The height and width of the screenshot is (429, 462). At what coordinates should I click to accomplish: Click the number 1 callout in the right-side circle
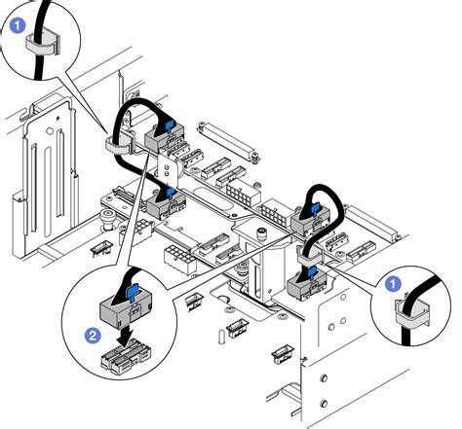[x=393, y=283]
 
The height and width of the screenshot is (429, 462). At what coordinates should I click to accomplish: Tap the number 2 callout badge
[x=94, y=333]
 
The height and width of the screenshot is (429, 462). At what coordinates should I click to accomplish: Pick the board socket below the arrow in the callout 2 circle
[x=123, y=363]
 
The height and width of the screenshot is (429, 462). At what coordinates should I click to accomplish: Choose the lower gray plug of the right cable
[x=308, y=282]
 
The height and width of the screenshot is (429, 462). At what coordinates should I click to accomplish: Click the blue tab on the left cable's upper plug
[x=171, y=125]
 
